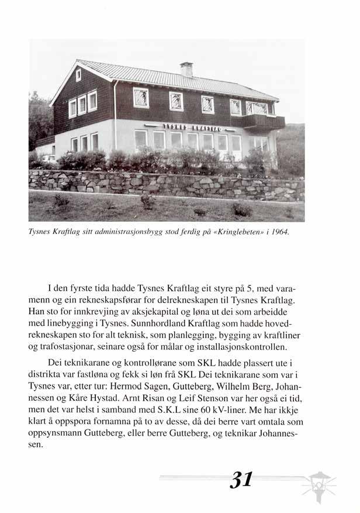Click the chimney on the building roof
tap(186, 69)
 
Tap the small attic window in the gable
tap(78, 74)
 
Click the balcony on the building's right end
tap(264, 121)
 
